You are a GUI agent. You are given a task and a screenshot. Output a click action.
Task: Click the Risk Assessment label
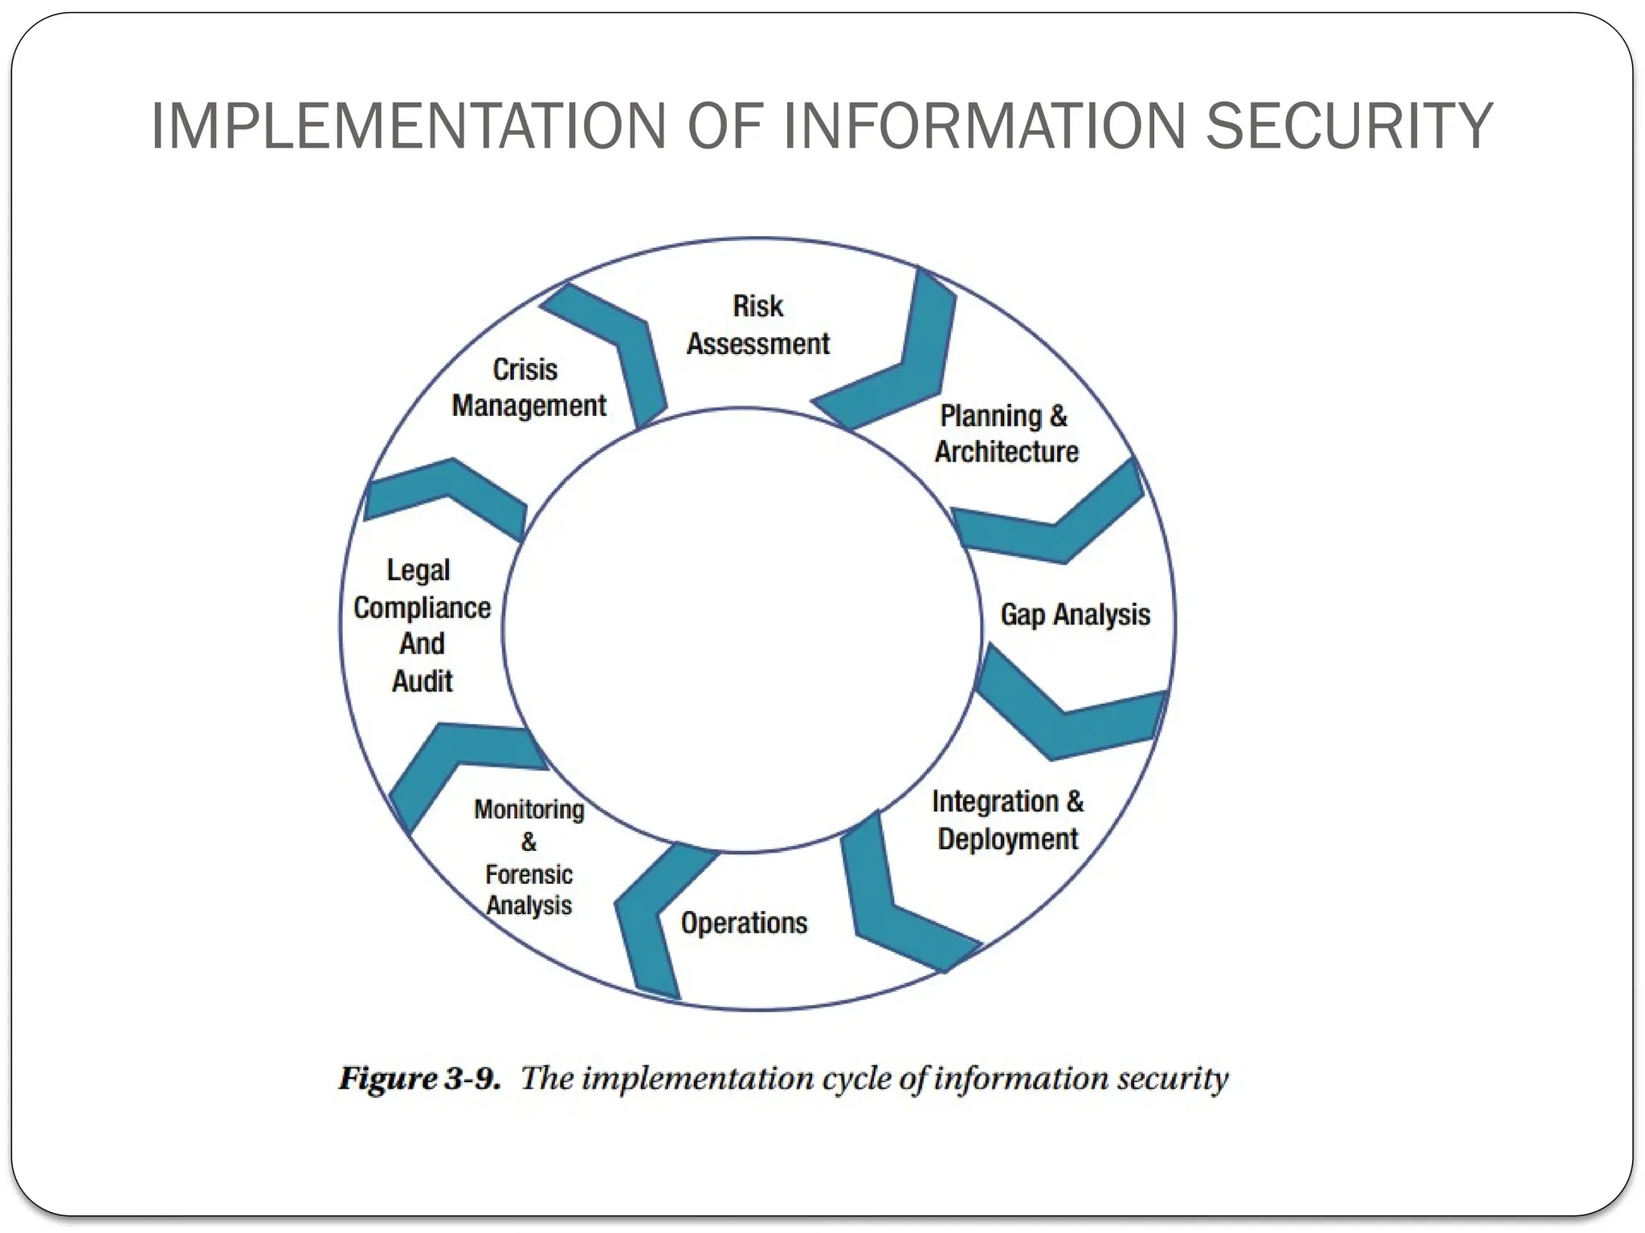tap(757, 325)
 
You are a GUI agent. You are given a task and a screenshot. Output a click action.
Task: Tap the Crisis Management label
tap(528, 388)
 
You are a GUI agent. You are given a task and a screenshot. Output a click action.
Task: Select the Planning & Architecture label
tap(1006, 434)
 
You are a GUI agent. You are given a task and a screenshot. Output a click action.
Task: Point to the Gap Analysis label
tap(1075, 615)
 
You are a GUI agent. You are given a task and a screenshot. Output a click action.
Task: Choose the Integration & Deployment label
tap(1007, 820)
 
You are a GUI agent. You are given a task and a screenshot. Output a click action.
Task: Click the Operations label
tap(744, 923)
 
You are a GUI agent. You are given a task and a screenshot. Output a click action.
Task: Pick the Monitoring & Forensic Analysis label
tap(529, 857)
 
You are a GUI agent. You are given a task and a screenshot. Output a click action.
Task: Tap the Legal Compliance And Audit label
tap(422, 625)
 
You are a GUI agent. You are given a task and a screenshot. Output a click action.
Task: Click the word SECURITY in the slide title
tap(1349, 126)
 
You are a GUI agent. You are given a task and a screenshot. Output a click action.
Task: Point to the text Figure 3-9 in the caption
tap(419, 1078)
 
